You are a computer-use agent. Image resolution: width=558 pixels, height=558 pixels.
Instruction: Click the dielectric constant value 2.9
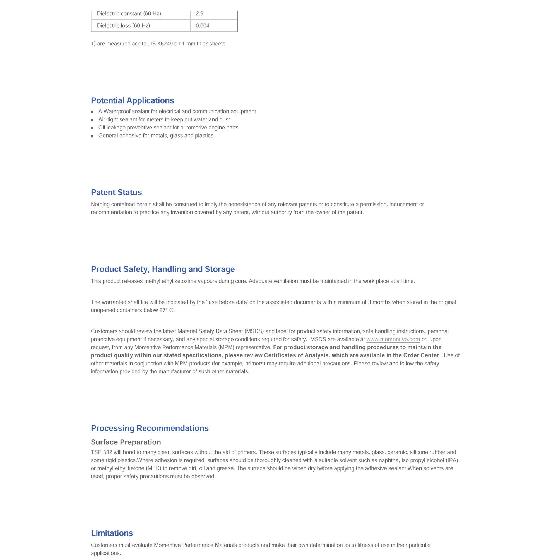click(199, 14)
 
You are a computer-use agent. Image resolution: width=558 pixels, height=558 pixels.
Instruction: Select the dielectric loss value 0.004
click(202, 26)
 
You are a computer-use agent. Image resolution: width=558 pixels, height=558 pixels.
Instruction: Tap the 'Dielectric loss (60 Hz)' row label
click(123, 26)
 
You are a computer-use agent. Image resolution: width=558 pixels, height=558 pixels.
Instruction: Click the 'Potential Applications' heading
click(132, 100)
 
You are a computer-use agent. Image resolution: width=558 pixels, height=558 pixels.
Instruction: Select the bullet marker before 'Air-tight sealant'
click(92, 120)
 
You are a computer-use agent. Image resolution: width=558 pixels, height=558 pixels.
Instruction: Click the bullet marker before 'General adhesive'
click(92, 136)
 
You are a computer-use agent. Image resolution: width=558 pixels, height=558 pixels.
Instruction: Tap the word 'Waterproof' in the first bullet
click(117, 112)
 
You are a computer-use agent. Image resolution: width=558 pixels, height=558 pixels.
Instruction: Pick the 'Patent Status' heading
click(116, 192)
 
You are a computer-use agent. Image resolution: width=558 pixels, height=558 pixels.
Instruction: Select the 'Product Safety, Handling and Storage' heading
click(163, 269)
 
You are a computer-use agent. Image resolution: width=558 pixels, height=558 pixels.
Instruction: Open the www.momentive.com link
click(393, 339)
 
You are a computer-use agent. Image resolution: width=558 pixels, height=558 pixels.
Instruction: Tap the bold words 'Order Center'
click(421, 355)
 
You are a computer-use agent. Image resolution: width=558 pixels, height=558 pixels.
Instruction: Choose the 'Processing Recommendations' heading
click(150, 428)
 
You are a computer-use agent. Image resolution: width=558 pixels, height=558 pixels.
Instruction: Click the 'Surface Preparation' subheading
click(126, 442)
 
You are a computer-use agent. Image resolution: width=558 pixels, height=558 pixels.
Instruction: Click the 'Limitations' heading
click(112, 533)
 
